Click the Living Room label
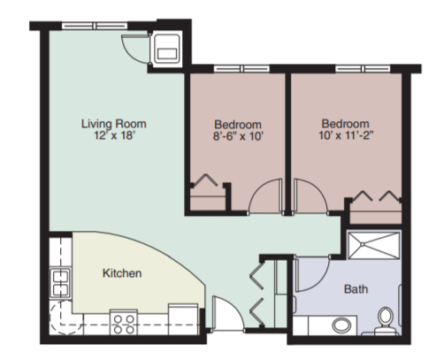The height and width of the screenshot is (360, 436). pos(114,124)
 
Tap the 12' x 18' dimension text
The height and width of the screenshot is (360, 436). pos(114,135)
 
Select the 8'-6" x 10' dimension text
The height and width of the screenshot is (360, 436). pos(238,136)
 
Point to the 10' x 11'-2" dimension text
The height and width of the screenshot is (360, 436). pos(346,135)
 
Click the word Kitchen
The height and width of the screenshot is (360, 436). pos(122,273)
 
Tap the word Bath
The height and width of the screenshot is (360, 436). pos(356,289)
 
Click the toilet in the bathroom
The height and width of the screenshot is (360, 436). pos(385,321)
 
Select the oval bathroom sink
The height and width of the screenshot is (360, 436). pos(342,325)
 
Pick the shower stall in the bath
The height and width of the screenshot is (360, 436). pos(374,246)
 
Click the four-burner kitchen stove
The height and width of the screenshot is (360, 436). pos(124,322)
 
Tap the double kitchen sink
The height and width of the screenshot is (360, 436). pos(60,283)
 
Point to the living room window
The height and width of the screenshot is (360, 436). pos(95,26)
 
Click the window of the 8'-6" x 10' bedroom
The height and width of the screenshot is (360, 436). pos(241,69)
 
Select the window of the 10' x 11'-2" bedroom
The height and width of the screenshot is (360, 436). pos(363,69)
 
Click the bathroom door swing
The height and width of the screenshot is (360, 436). pos(312,274)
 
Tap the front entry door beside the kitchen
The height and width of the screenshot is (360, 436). pos(227,314)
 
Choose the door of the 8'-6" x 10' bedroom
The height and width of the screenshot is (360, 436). pos(265,195)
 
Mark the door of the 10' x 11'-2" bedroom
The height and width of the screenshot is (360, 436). pos(310,195)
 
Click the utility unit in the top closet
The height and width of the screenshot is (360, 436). pos(167,49)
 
